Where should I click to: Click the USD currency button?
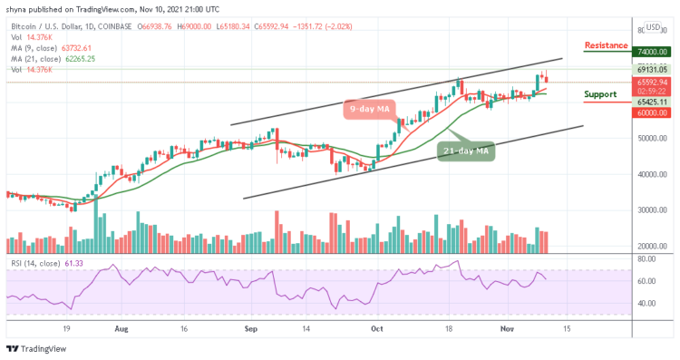(x=652, y=27)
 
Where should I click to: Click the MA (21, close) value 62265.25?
(x=79, y=58)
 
